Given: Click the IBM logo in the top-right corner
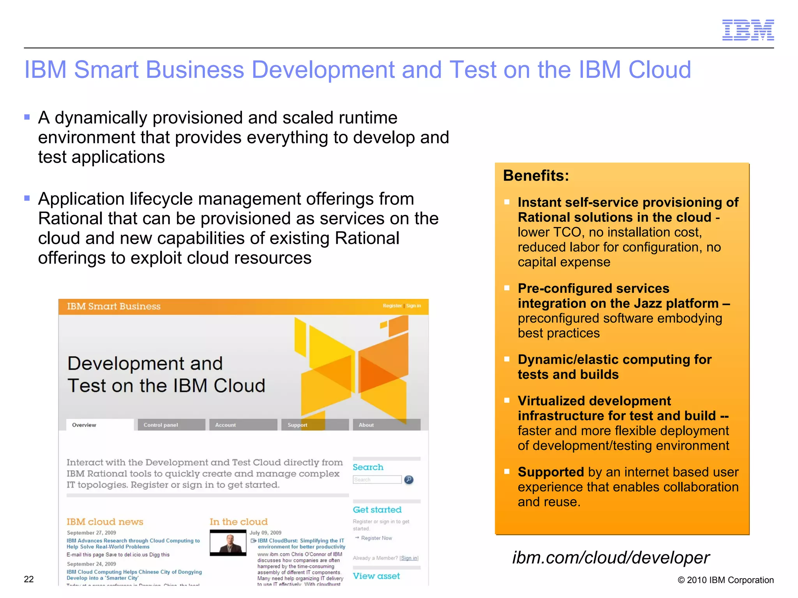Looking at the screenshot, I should point(748,30).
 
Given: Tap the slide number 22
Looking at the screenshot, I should point(29,579).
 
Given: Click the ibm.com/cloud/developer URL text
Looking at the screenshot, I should point(611,558).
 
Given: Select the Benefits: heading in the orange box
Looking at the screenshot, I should point(536,176).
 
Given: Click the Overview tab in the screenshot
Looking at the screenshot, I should point(84,425).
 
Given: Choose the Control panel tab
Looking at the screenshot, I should point(161,425).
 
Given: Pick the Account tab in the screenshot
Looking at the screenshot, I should point(226,425).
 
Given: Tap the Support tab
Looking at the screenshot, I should point(297,425).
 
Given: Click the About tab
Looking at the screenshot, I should point(366,425).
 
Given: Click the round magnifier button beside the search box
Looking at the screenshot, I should point(409,480).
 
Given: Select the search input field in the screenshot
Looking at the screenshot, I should point(377,480).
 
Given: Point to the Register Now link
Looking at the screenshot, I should point(376,538).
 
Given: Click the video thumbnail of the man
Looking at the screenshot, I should point(228,543).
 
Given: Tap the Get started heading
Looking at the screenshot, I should point(377,510).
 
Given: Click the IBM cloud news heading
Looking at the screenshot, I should point(105,522).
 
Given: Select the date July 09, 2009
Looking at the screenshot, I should point(265,533).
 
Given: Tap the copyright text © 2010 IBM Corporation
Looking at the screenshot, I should point(726,580).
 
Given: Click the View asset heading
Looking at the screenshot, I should point(376,576).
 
